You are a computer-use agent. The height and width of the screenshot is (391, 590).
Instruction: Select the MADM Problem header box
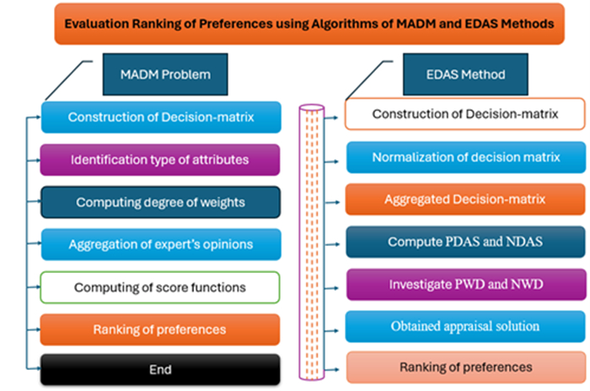(x=156, y=74)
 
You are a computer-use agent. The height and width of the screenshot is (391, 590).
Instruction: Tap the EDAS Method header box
(x=466, y=74)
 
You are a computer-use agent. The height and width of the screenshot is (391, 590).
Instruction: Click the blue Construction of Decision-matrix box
(x=160, y=118)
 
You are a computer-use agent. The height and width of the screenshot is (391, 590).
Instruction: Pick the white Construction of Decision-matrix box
(x=465, y=115)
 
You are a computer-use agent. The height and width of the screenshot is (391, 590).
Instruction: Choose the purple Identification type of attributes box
(x=160, y=158)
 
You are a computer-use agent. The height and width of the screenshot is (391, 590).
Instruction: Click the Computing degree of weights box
(x=160, y=202)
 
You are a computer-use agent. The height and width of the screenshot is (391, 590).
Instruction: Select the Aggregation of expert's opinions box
(x=160, y=244)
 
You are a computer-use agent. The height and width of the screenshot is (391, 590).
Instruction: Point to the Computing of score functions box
(x=160, y=287)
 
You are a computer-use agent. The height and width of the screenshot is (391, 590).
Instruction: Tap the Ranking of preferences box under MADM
(x=160, y=329)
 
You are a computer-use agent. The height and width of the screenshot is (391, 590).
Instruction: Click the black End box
(x=160, y=369)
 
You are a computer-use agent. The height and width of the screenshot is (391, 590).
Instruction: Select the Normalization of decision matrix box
(x=465, y=157)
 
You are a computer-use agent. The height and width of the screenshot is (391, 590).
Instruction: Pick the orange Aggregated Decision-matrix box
(x=465, y=200)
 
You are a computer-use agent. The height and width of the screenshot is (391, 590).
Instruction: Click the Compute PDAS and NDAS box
(x=465, y=242)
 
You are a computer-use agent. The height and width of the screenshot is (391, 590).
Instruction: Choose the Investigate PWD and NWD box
(x=465, y=284)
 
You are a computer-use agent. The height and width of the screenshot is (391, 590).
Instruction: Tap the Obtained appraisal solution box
(x=465, y=326)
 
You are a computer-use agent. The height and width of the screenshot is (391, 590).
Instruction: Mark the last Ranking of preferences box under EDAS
(x=465, y=367)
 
